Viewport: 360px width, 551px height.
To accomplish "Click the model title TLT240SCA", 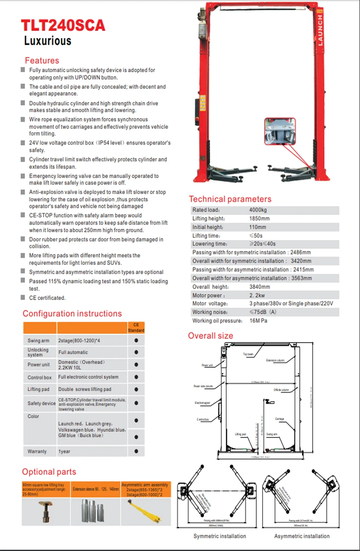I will click(x=63, y=25).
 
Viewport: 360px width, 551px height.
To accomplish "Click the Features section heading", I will click(x=42, y=60).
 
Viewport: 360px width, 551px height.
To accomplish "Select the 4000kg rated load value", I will click(x=258, y=210).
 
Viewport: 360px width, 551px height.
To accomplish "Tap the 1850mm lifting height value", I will click(x=259, y=219).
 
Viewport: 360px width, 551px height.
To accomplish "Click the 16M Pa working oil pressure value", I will click(x=258, y=321).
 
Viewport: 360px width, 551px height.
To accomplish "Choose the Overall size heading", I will click(x=210, y=336).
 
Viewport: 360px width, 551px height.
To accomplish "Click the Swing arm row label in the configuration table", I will click(x=39, y=340).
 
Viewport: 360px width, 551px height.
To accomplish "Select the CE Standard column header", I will click(x=136, y=328).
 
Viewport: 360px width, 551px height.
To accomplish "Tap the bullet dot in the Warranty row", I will click(x=136, y=451).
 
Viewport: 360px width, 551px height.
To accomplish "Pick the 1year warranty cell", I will click(x=64, y=451).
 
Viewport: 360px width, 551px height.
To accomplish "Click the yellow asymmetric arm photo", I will click(x=145, y=512).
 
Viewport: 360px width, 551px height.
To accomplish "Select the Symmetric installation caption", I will click(x=219, y=536).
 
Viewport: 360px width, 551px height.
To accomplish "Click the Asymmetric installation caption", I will click(x=302, y=536).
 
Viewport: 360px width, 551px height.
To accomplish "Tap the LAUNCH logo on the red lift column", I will click(x=320, y=30).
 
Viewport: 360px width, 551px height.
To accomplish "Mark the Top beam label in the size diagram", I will click(x=248, y=354).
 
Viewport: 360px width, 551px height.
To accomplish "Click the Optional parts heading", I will click(x=49, y=472).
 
